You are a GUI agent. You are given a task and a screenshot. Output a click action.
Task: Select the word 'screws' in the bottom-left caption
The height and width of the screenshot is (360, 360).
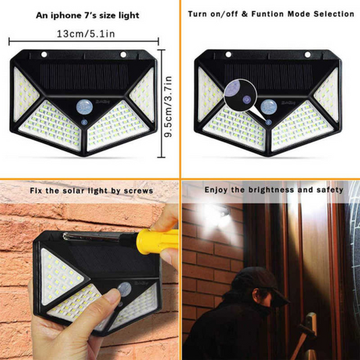[138, 191]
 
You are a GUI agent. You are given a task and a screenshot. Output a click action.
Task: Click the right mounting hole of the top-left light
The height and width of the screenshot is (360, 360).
[125, 55]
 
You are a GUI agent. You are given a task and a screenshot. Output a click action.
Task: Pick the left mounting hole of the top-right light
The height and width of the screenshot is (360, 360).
[228, 55]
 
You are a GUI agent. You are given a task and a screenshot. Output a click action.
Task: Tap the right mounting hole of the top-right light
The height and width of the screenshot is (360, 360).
[307, 55]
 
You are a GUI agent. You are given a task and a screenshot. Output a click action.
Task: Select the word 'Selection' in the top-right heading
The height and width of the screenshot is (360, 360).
[331, 14]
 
